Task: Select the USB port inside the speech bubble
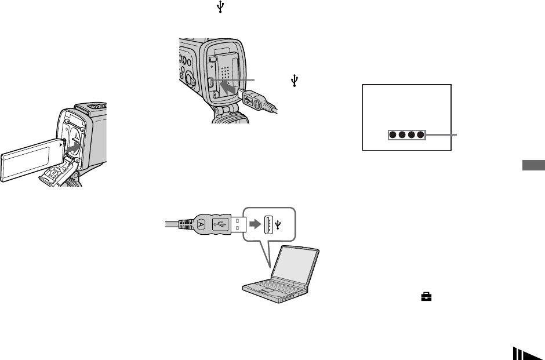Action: pyautogui.click(x=269, y=224)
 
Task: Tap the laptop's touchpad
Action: pyautogui.click(x=266, y=291)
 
